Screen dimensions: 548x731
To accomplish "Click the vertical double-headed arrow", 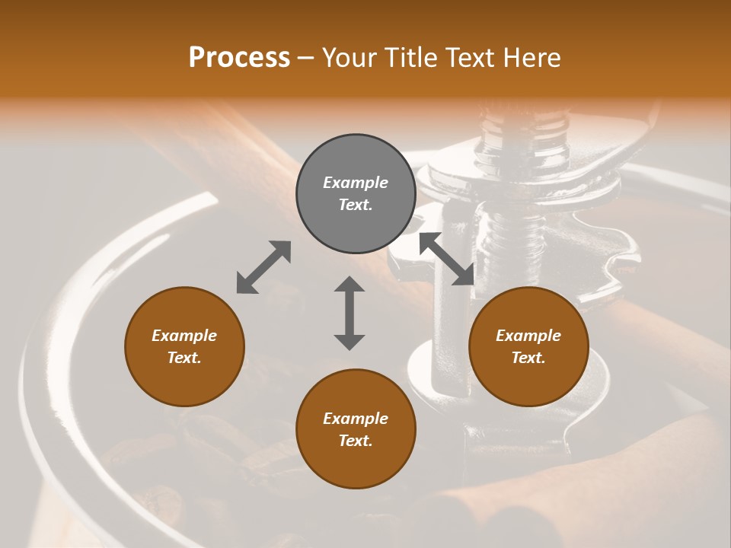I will click(x=350, y=313).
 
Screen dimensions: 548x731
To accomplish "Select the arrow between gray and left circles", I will click(x=263, y=266).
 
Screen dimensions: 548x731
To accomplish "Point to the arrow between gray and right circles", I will click(x=447, y=259).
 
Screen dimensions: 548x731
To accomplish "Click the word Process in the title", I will click(x=239, y=58).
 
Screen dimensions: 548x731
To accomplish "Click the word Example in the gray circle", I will click(x=356, y=183).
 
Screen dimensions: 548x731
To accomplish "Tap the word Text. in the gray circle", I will click(x=356, y=205).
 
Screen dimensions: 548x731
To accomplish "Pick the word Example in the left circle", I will click(x=184, y=336).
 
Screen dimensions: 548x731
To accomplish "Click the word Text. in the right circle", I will click(x=528, y=358).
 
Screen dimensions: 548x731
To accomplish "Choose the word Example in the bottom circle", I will click(x=356, y=419).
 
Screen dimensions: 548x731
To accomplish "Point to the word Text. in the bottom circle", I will click(x=356, y=441).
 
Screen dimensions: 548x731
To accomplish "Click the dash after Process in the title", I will click(x=306, y=59).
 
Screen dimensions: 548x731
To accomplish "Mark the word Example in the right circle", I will click(x=528, y=336).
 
